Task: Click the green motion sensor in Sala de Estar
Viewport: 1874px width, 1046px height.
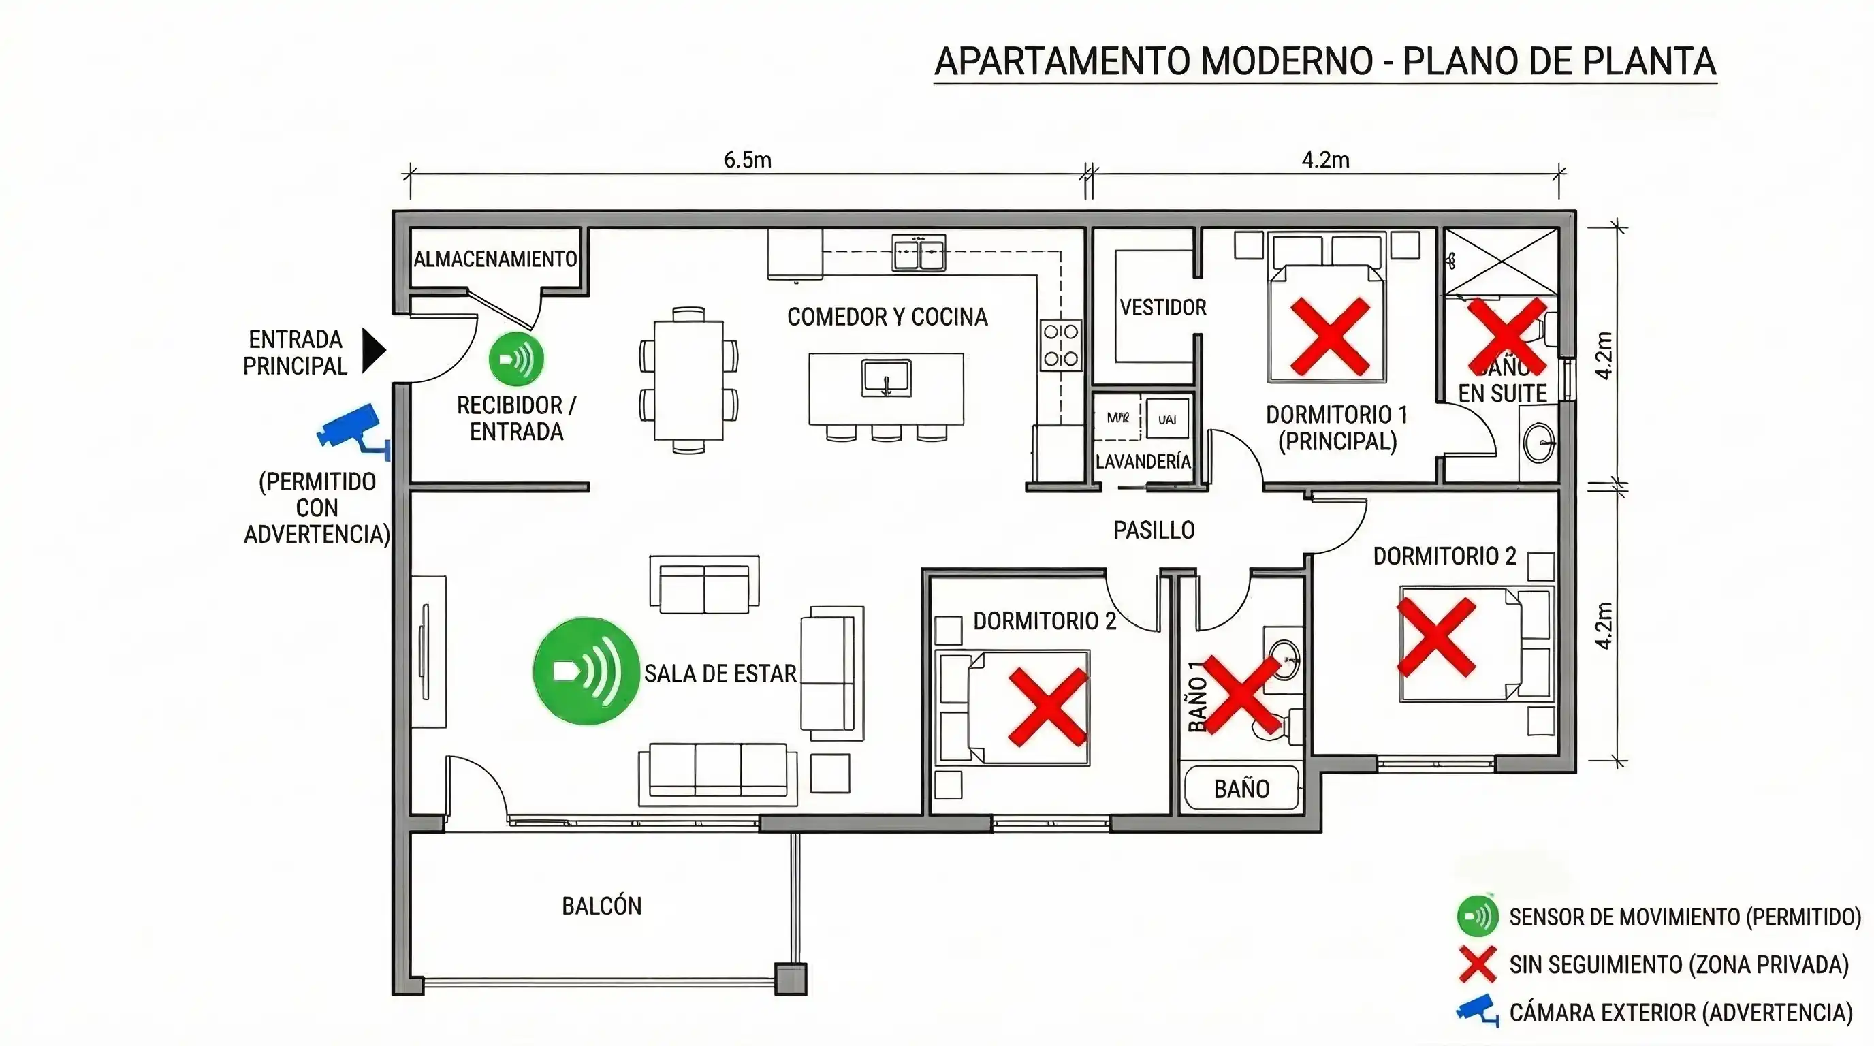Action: coord(586,671)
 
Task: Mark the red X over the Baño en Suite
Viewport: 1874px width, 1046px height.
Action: coord(1506,335)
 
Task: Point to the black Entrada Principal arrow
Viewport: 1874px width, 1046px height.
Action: coord(374,351)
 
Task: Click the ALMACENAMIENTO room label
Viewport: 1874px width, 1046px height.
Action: coord(494,259)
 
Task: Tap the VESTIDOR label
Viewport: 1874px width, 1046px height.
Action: coord(1162,308)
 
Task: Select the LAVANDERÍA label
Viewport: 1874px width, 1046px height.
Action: coord(1143,462)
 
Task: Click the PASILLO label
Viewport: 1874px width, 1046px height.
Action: coord(1154,530)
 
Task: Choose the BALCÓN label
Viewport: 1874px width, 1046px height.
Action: coord(602,906)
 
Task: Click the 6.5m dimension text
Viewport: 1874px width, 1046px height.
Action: coord(747,160)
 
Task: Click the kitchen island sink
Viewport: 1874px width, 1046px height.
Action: coord(886,378)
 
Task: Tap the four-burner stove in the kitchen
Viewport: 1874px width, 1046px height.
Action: coord(1061,345)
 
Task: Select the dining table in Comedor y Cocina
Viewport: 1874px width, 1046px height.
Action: coord(688,381)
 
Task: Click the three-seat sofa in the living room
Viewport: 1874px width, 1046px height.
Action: coord(717,772)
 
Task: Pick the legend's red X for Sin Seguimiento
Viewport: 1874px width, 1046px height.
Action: coord(1478,964)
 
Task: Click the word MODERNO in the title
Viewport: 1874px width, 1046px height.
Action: coord(1286,61)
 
